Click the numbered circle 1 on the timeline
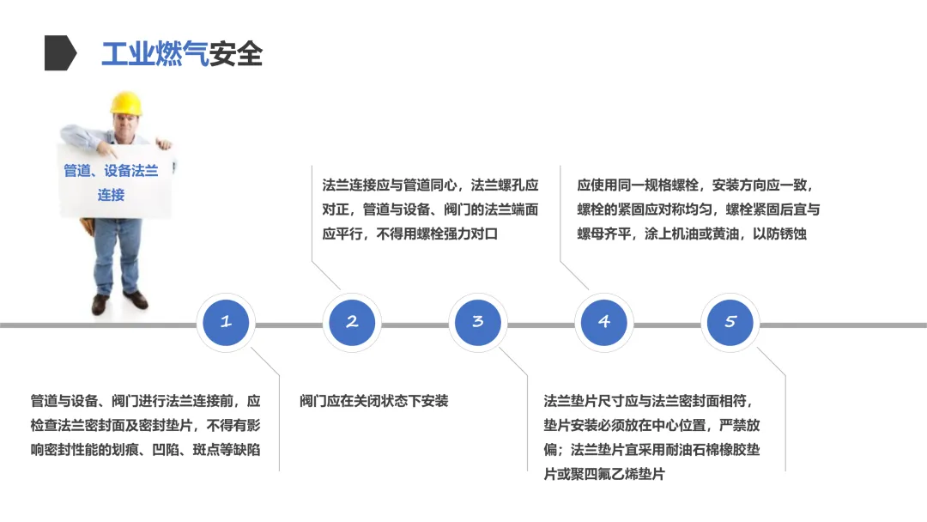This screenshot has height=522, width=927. coord(226,323)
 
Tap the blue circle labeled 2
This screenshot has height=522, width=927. coord(352,323)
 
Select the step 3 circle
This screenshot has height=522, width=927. coord(478,323)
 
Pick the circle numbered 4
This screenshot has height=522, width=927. coord(604,323)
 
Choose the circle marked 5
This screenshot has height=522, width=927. coord(730,323)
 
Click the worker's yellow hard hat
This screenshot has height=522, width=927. coord(125,104)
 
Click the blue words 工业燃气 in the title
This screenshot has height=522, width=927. coord(154,54)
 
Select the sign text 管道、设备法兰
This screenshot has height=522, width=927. coord(111,171)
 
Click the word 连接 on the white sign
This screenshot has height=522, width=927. coord(111,195)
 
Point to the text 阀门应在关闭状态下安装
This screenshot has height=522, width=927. coord(374,401)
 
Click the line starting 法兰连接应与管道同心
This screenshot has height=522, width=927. coord(430,185)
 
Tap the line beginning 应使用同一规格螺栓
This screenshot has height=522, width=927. coord(694,185)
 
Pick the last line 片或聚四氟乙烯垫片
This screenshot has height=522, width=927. coord(604,474)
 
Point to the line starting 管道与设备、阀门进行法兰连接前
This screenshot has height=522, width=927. coord(145,401)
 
